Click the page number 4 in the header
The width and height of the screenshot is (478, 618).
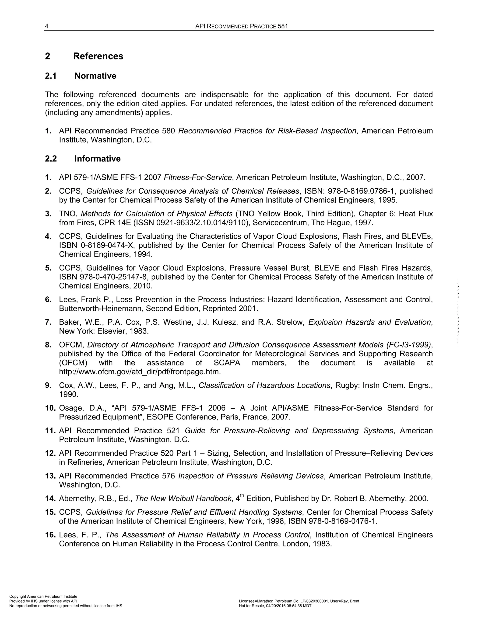pyautogui.click(x=46, y=26)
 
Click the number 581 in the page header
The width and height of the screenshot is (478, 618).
pyautogui.click(x=283, y=26)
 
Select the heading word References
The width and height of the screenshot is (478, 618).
pyautogui.click(x=98, y=56)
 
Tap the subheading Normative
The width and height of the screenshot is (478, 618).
pyautogui.click(x=95, y=76)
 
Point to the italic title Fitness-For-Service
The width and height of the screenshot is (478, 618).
pyautogui.click(x=198, y=177)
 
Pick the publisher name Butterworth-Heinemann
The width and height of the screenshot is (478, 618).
pyautogui.click(x=101, y=309)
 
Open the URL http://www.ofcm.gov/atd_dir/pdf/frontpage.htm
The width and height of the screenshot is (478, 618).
pyautogui.click(x=140, y=372)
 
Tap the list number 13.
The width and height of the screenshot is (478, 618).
pyautogui.click(x=50, y=476)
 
